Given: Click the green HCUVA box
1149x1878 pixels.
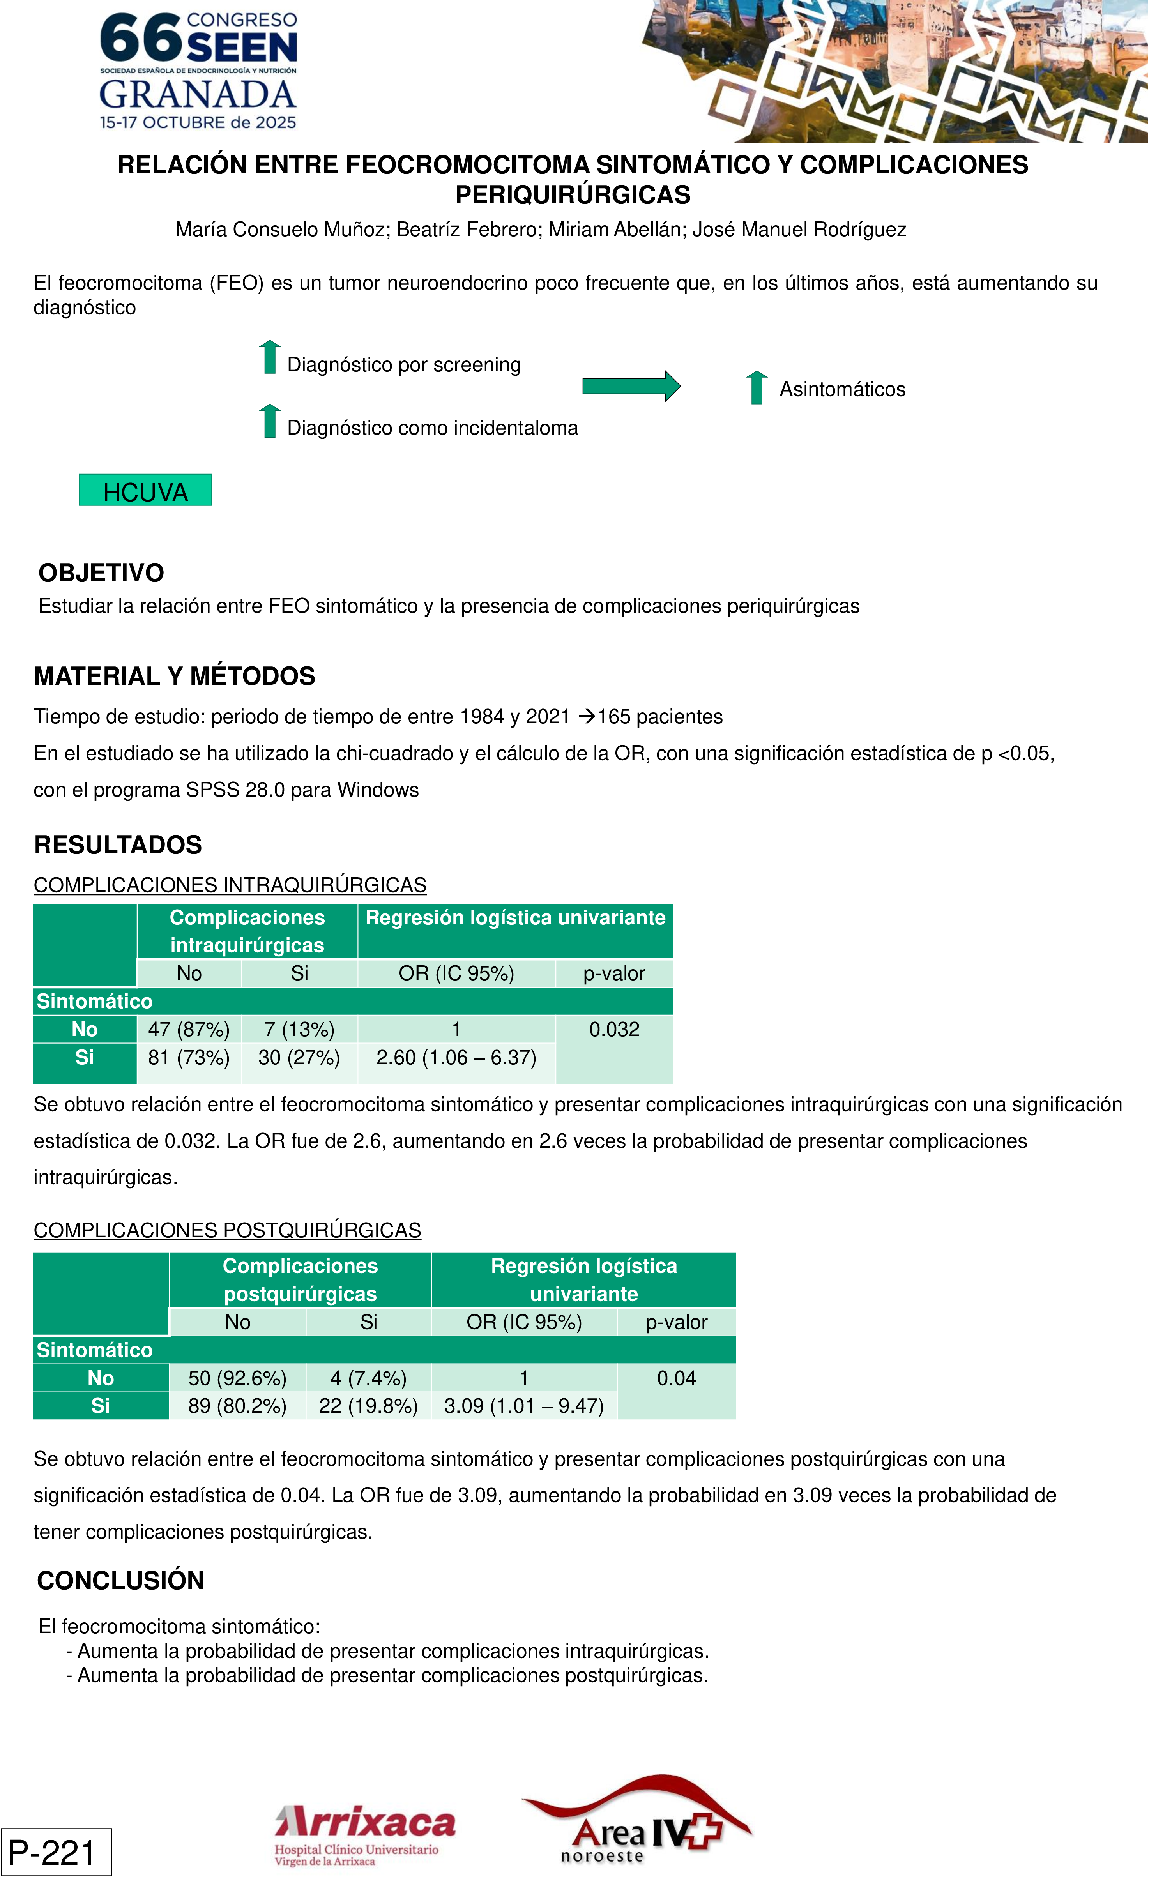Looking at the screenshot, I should pos(145,490).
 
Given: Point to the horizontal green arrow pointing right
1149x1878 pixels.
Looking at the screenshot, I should pos(631,387).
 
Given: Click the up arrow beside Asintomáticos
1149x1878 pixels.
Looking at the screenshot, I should pos(757,388).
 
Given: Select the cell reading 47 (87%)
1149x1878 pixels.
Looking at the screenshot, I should pos(189,1030).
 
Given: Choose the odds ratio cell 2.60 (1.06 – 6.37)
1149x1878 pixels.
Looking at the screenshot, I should pos(456,1058).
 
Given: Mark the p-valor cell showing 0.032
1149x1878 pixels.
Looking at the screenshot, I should pos(614,1030).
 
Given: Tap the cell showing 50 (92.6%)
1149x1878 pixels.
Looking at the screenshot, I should pos(237,1378).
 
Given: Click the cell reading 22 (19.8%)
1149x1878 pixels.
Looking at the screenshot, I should pos(368,1406).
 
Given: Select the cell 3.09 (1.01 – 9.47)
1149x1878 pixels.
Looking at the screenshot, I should pos(524,1406).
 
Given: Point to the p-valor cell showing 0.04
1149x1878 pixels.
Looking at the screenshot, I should pos(676,1378).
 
